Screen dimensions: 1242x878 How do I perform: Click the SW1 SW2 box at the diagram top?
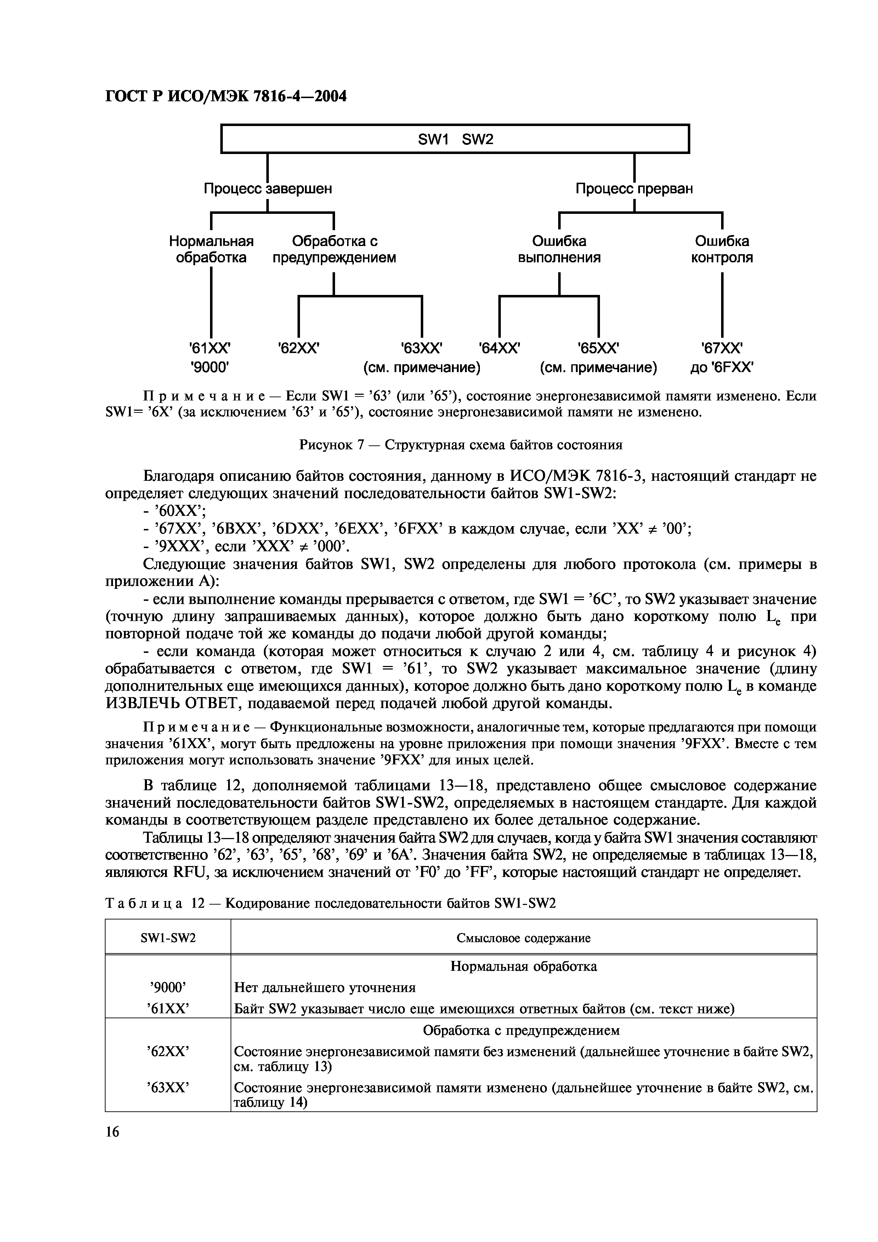[x=455, y=139]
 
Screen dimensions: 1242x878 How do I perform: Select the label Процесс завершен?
[x=268, y=189]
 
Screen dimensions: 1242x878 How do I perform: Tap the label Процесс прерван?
[x=634, y=189]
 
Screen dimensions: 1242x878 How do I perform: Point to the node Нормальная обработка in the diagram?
[x=211, y=249]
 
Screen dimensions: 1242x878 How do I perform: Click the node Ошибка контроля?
[x=722, y=249]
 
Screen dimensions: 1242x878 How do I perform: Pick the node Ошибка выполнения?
[x=559, y=249]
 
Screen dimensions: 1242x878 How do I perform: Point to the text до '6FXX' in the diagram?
[x=722, y=368]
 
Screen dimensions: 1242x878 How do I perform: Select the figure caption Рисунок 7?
[x=460, y=445]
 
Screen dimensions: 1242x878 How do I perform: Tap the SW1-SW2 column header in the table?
[x=168, y=938]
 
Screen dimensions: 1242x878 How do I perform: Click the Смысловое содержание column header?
[x=523, y=938]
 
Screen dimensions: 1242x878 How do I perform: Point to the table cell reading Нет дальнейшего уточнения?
[x=324, y=988]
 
